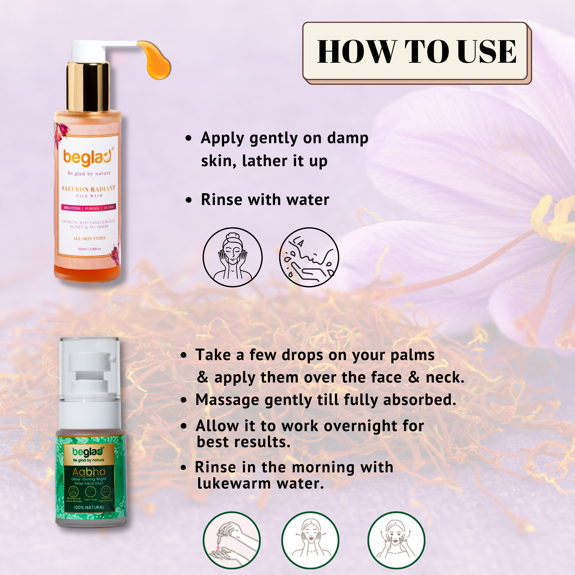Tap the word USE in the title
coord(487,52)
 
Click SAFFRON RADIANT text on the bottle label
coord(88,189)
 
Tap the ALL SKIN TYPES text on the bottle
coord(89,238)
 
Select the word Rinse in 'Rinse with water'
coord(221,200)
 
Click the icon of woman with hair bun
coord(233,257)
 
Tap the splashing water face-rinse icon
coord(309,257)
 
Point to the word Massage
coord(227,400)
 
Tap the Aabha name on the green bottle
coord(89,472)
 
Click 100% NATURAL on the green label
coord(89,507)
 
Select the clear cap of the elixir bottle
coord(89,366)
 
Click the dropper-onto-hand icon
coord(232,540)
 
